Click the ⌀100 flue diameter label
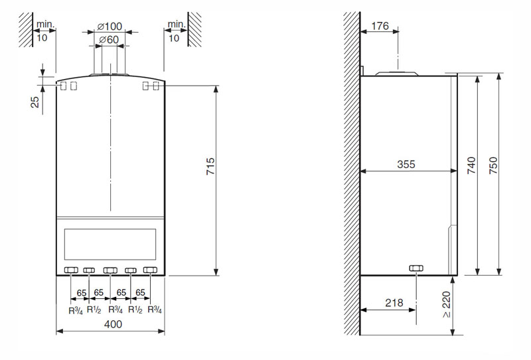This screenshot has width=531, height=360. (x=110, y=27)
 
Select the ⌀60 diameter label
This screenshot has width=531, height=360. (x=109, y=40)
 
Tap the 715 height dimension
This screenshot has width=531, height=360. (x=210, y=166)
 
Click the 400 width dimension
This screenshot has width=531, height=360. (x=113, y=324)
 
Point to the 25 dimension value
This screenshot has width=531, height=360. (x=35, y=102)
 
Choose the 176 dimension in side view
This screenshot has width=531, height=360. (x=380, y=26)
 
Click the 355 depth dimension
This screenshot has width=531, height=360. (x=406, y=165)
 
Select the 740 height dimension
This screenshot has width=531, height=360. (x=471, y=165)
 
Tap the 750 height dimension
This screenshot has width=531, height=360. (x=494, y=165)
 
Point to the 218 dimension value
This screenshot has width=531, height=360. (x=394, y=302)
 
